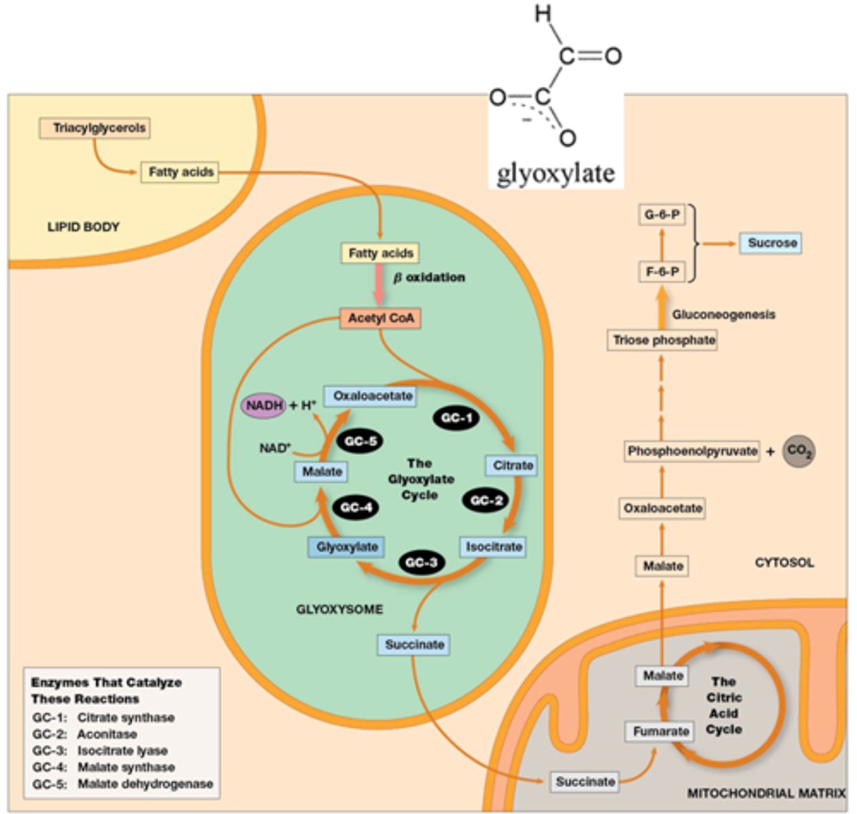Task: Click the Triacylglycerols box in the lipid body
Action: click(x=99, y=128)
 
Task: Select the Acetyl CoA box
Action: click(x=380, y=318)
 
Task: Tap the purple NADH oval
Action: click(x=263, y=405)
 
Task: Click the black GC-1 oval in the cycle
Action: click(x=456, y=419)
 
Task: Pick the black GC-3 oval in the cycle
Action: click(x=421, y=562)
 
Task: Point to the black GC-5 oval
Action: click(x=360, y=442)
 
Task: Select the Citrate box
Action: click(x=512, y=465)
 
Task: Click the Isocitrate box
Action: click(x=493, y=547)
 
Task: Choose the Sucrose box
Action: click(x=772, y=243)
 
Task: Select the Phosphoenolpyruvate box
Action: click(x=691, y=451)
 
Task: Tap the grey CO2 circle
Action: click(x=799, y=452)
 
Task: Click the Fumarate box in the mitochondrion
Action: click(x=661, y=731)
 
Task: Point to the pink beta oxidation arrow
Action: click(x=379, y=286)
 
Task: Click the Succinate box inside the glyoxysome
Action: click(x=414, y=644)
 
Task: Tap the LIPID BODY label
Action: click(x=83, y=227)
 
